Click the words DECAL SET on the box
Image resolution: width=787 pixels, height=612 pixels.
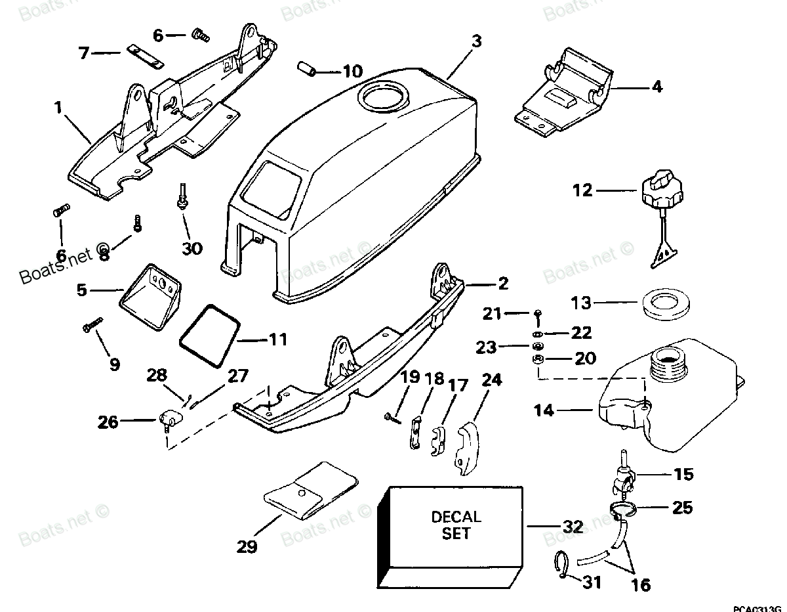click(456, 525)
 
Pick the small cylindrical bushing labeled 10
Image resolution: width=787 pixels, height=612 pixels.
click(305, 68)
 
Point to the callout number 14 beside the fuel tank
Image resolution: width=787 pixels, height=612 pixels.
click(543, 411)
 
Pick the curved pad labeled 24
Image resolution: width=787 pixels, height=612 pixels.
click(466, 445)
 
